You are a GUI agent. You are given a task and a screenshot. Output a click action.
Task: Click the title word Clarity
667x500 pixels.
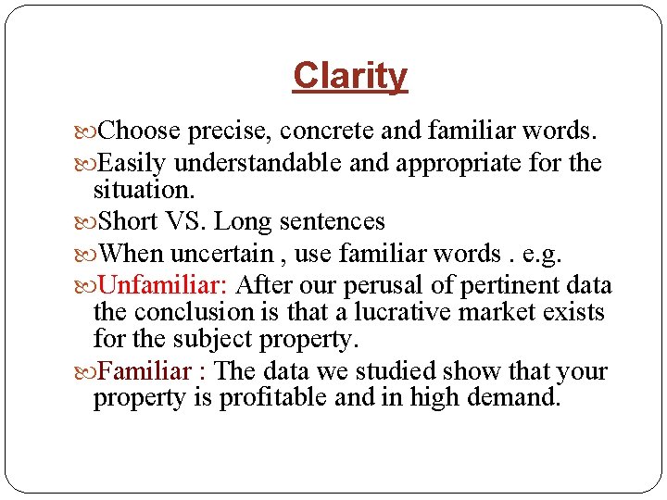[x=349, y=76]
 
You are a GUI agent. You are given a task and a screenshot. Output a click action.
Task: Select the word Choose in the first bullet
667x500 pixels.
[x=139, y=131]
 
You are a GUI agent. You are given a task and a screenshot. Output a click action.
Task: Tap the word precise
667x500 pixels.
[x=227, y=131]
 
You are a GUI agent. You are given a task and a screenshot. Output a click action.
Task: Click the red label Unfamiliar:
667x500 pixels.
[x=163, y=286]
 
